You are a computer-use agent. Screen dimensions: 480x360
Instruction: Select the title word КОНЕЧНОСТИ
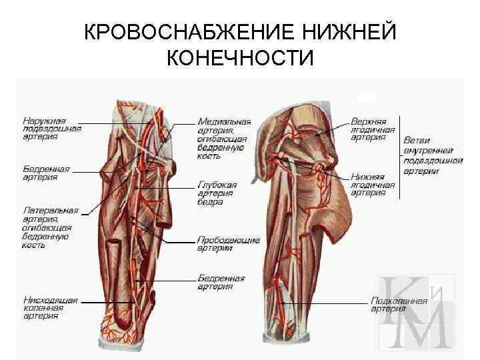240,59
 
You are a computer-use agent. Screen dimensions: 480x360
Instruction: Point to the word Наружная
45,121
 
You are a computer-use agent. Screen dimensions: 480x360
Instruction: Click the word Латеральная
51,211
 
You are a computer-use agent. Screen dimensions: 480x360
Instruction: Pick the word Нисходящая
51,301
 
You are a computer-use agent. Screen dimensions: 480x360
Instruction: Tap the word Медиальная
224,123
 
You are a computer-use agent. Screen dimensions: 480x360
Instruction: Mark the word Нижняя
366,178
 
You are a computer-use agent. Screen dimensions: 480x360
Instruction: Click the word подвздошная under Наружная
52,129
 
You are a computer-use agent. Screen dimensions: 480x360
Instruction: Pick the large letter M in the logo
427,327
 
